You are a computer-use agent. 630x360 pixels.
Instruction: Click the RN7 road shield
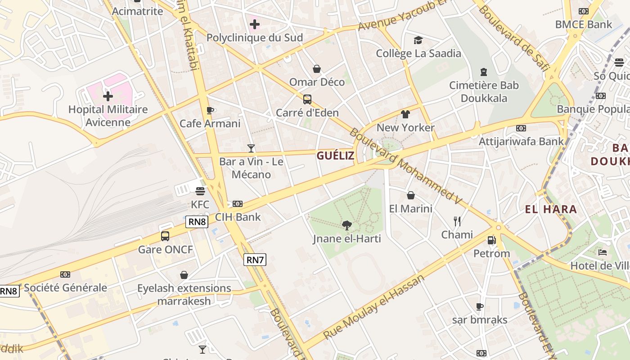[x=255, y=259]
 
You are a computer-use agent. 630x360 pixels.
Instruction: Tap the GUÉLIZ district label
[x=335, y=156]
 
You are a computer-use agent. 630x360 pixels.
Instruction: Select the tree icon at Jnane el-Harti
[x=346, y=225]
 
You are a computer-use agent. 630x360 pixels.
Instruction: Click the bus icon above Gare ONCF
[x=165, y=236]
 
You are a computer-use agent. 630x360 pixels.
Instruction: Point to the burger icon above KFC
[x=200, y=191]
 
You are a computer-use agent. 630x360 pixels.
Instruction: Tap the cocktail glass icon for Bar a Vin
[x=251, y=148]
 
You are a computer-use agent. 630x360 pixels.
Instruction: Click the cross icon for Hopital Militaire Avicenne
[x=108, y=96]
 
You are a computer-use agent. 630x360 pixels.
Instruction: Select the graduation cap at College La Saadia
[x=418, y=40]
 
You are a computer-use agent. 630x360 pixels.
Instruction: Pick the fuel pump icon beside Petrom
[x=491, y=240]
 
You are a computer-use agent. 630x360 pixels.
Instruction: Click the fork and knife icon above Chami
[x=457, y=221]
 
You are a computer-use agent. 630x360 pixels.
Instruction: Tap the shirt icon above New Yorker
[x=405, y=114]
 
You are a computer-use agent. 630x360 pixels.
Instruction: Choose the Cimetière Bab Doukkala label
[x=484, y=91]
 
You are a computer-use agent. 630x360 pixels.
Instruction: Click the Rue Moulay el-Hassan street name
[x=374, y=307]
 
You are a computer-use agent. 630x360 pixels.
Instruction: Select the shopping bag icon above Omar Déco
[x=317, y=69]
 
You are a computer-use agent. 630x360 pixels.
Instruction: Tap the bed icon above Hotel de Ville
[x=603, y=252]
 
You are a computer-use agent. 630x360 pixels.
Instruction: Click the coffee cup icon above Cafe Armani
[x=210, y=110]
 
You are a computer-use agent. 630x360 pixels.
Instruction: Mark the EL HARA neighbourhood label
[x=551, y=209]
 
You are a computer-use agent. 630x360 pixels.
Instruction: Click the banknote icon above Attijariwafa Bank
[x=521, y=128]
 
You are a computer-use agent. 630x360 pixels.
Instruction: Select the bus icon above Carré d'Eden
[x=307, y=99]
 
